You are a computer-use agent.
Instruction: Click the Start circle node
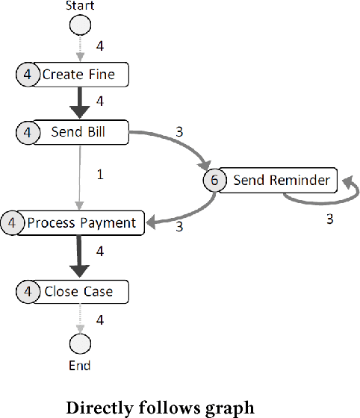(80, 26)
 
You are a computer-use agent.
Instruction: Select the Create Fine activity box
(84, 75)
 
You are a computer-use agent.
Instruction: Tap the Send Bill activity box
(84, 133)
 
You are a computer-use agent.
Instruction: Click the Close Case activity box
(84, 291)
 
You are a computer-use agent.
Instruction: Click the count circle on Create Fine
(27, 75)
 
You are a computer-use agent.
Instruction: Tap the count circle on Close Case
(27, 291)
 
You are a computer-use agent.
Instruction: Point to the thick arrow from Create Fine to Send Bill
(80, 103)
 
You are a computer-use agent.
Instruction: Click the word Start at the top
(80, 6)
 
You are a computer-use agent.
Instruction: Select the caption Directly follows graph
(161, 408)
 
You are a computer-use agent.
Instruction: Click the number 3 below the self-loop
(329, 219)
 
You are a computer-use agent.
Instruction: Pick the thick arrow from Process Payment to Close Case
(80, 255)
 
